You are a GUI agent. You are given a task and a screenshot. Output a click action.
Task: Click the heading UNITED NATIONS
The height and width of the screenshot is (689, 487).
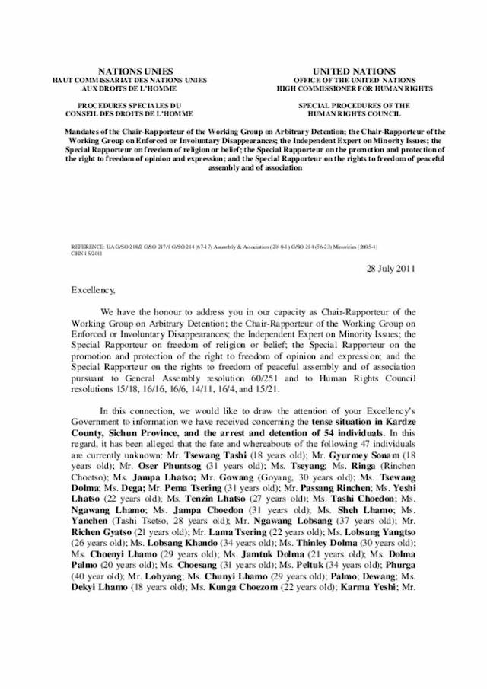(345, 69)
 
